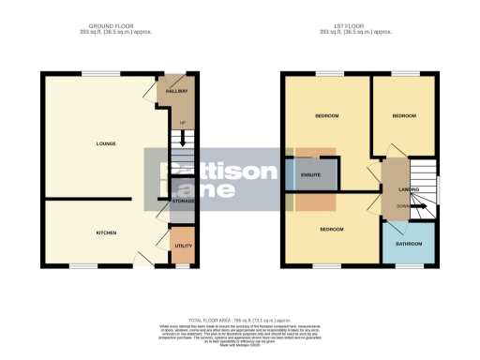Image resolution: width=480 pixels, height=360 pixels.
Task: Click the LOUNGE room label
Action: (104, 143)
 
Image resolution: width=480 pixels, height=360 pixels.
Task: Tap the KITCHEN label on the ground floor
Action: (105, 232)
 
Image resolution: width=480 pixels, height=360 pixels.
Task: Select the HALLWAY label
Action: (178, 92)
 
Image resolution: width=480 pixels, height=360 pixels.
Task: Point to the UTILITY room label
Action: (182, 246)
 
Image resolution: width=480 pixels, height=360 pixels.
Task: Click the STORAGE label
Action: (182, 200)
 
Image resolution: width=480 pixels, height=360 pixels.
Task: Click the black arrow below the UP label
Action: (182, 134)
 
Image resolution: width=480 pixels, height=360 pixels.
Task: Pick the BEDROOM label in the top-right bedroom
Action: (403, 116)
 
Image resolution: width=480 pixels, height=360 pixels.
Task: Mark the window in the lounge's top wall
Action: (99, 73)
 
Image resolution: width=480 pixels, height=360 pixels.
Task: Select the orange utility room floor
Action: (182, 253)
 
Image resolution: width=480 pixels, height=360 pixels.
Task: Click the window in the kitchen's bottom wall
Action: (83, 267)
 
